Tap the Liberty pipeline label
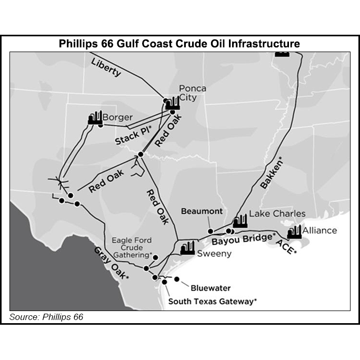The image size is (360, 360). coord(106,67)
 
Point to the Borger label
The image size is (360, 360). coord(117,117)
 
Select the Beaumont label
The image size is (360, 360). coord(202,211)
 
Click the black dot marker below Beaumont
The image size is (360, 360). coord(210,231)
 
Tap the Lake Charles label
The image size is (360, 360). coord(277,214)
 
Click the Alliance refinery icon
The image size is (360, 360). coord(294,232)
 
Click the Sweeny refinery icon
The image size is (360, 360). coord(187,248)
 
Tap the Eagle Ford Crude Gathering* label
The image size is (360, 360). coord(132,247)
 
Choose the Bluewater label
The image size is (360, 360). coord(211,288)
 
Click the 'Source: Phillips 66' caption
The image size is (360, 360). coord(46,317)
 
